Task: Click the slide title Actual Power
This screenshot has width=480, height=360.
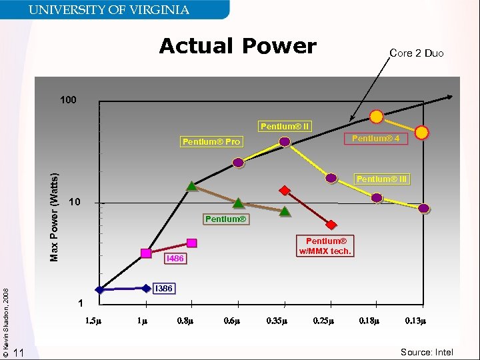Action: point(237,46)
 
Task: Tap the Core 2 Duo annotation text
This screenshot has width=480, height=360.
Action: point(416,53)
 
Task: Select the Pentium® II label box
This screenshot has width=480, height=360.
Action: point(285,126)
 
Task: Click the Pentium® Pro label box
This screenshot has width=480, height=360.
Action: point(211,141)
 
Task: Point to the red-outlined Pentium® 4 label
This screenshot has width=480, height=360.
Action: point(375,138)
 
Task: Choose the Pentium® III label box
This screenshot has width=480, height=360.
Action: point(381,179)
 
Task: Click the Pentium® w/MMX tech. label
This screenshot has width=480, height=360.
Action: point(325,246)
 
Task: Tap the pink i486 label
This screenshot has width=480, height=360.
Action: point(174,258)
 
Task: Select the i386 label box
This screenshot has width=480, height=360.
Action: point(163,289)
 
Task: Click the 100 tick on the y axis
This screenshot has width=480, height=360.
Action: point(68,101)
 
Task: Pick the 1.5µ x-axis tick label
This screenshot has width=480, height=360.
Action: point(93,321)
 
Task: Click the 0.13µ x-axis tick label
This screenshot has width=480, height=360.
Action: point(415,321)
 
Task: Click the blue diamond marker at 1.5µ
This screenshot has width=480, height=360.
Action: point(100,290)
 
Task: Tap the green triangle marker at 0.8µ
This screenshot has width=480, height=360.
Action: point(191,187)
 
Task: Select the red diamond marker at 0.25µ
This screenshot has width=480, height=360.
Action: point(331,225)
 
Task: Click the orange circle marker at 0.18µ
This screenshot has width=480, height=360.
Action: point(377,117)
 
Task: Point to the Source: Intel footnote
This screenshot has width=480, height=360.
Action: point(427,352)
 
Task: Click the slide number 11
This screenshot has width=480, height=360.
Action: point(19,353)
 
